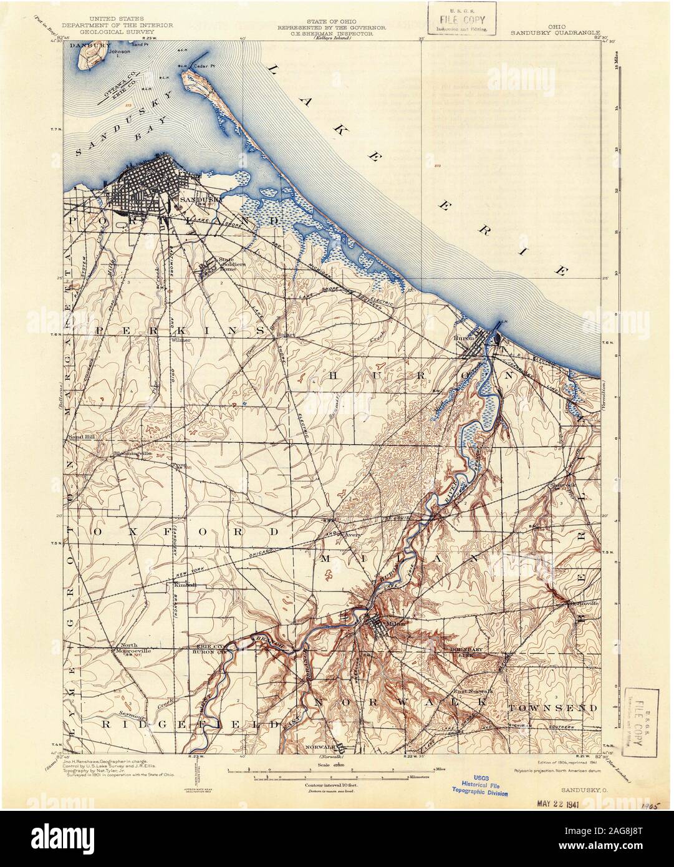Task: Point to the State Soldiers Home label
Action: click(x=226, y=266)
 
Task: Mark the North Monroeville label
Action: click(x=128, y=648)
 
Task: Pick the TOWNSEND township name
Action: click(x=552, y=709)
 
